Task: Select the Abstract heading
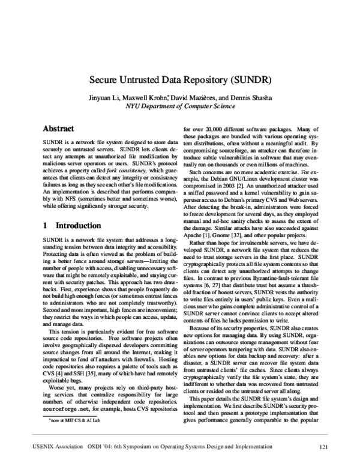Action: coord(58,129)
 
